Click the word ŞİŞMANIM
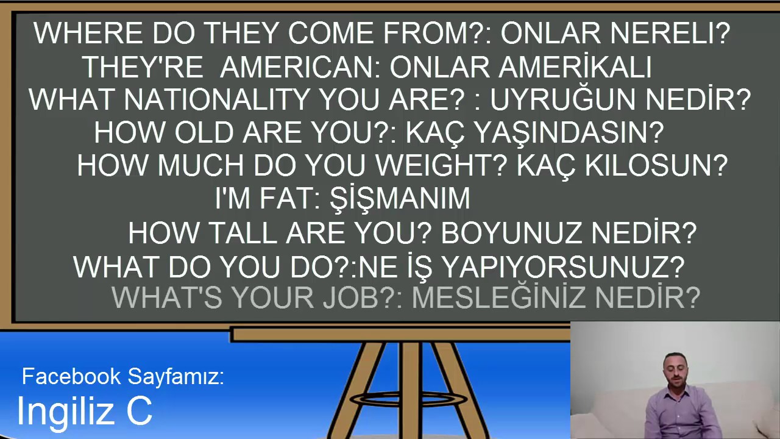point(400,199)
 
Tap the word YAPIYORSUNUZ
point(562,267)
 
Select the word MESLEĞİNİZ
point(500,298)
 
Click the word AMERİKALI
point(575,67)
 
